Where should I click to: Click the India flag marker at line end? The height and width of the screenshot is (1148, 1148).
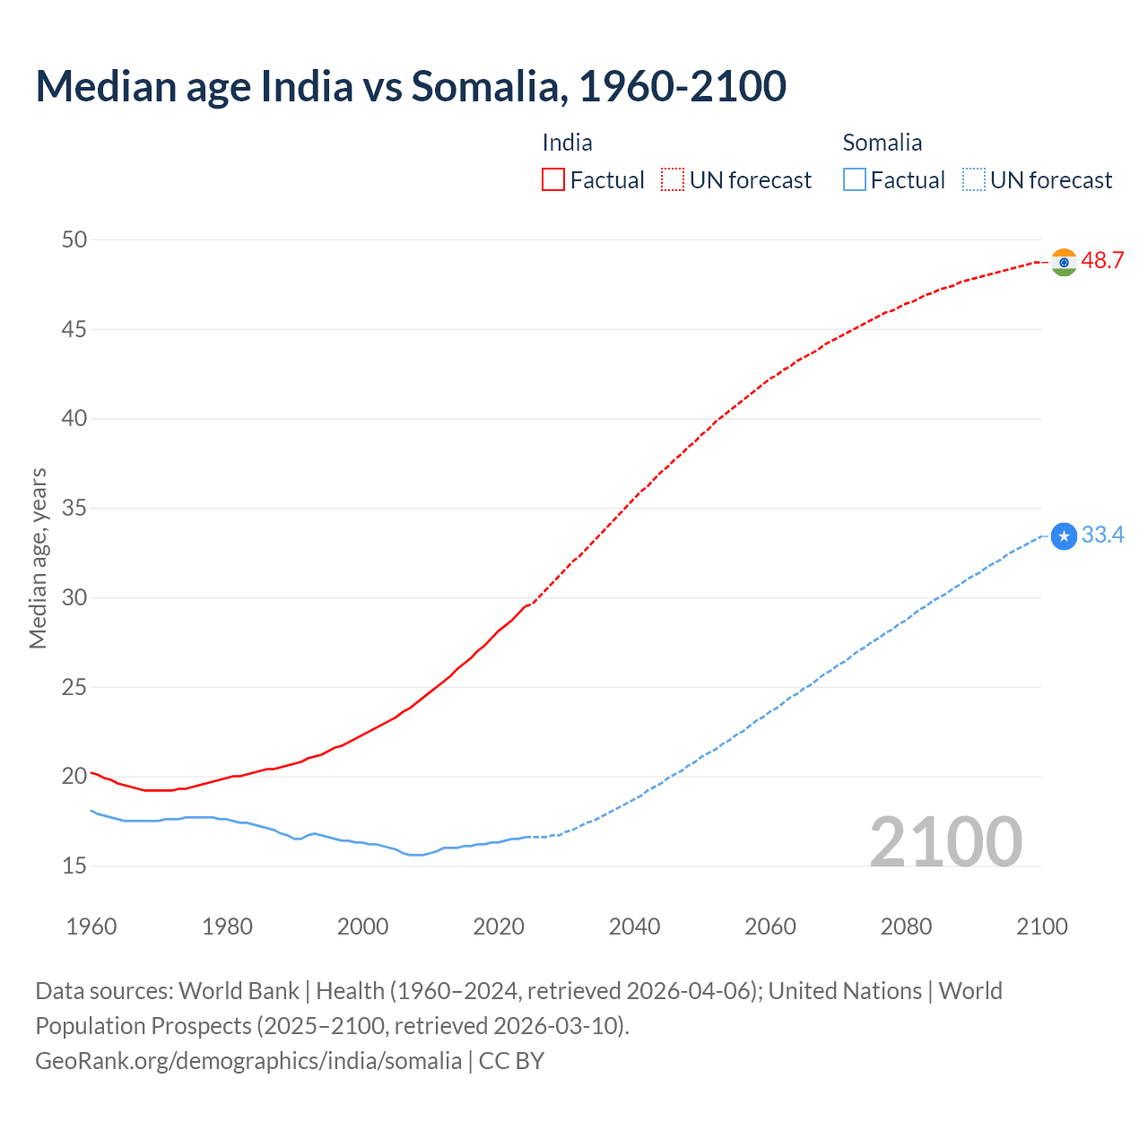click(1064, 262)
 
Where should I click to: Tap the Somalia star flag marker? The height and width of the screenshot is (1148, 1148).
click(1064, 536)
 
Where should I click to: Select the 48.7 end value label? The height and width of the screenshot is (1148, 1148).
click(1102, 261)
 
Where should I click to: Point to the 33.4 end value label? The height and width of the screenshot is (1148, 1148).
click(1102, 535)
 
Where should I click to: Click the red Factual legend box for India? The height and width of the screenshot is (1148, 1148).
click(553, 180)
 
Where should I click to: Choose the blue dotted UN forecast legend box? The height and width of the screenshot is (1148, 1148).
click(974, 180)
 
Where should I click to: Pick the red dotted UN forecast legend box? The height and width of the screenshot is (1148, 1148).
click(673, 180)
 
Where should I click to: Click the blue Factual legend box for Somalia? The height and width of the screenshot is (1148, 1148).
click(855, 180)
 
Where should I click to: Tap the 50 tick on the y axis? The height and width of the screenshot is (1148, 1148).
click(74, 239)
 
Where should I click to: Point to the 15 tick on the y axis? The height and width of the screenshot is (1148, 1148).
click(74, 865)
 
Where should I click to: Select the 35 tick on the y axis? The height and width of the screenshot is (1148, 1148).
click(74, 509)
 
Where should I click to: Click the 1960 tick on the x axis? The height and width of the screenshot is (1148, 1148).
click(91, 926)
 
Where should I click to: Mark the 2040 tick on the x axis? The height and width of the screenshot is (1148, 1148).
click(634, 926)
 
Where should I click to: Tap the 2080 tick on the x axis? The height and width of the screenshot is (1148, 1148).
click(906, 926)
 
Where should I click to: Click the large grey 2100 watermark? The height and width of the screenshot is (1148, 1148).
click(945, 841)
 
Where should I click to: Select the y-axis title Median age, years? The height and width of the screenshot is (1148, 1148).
click(38, 558)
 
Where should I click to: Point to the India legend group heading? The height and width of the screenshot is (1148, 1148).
click(567, 143)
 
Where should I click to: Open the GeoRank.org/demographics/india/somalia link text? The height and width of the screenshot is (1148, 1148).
click(248, 1061)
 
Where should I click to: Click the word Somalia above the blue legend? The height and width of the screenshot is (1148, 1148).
click(882, 143)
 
